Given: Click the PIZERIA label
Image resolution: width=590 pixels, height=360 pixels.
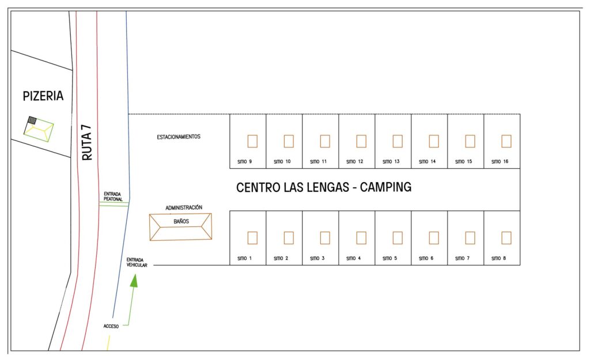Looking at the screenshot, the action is [43, 96].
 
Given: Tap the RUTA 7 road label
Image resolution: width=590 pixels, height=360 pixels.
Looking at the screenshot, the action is [87, 143].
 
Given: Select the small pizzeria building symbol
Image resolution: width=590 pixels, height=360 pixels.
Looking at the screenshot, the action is [39, 129].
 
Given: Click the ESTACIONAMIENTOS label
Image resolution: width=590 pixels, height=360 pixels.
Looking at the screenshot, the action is [179, 137].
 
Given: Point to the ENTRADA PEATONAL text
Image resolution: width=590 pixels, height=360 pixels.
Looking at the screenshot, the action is [113, 196].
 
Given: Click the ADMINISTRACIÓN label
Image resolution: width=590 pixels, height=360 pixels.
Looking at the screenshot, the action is [184, 208].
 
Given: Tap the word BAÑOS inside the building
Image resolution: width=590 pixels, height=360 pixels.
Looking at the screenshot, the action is [181, 222].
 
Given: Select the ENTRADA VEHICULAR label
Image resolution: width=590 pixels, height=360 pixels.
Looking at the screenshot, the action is [137, 263].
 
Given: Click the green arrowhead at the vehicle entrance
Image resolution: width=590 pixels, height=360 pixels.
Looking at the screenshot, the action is [134, 281].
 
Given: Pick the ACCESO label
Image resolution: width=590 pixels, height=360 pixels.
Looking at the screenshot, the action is [111, 326].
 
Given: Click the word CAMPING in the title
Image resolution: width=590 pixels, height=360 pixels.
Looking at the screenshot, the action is [385, 187].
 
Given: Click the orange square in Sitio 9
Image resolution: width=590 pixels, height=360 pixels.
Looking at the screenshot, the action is [252, 141].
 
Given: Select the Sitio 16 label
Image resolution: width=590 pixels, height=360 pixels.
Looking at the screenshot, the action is [500, 161].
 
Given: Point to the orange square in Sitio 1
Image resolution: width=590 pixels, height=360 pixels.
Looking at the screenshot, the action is [252, 238].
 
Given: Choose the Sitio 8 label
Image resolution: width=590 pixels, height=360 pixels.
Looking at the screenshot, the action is [498, 258].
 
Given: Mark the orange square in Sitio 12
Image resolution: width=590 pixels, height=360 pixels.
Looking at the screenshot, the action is [361, 141].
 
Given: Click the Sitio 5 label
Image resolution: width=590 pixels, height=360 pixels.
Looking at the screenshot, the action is [390, 258].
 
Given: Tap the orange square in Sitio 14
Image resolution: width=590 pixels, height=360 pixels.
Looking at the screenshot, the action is [434, 141].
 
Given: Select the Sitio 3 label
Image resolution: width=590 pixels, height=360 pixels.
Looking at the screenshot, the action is [317, 258].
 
